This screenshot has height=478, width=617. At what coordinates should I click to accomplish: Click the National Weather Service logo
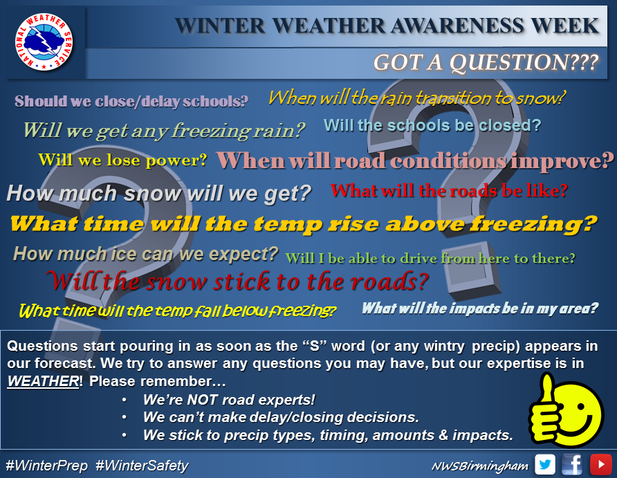pos(44,42)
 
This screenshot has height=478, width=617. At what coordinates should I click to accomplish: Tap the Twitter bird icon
pos(545,464)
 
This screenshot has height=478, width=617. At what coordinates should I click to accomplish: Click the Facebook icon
pos(573,464)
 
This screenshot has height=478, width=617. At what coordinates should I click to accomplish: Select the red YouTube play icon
pos(601,464)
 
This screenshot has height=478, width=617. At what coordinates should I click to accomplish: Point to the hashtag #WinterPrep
pos(47,466)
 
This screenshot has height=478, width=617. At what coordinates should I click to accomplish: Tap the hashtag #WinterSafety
pos(142,466)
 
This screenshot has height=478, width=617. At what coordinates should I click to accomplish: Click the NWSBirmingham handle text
pos(480,466)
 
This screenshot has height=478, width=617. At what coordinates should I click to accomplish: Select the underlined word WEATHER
pos(44,381)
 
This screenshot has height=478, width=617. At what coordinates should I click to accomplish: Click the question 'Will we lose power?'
pos(122,160)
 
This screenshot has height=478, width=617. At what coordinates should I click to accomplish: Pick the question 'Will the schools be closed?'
pos(432,125)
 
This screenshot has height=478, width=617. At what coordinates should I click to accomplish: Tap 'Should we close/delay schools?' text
pos(131,102)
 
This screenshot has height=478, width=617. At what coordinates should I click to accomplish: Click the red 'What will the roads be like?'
pos(449,191)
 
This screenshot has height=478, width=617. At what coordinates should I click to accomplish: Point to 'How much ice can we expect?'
pos(145,254)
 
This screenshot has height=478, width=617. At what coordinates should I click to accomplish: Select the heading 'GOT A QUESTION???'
pos(486,62)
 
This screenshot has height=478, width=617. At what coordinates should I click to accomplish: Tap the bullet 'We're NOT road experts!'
pos(229,400)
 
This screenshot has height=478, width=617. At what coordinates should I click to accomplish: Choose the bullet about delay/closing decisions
pos(281,417)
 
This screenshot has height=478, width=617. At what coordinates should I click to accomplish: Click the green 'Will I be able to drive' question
pos(430,259)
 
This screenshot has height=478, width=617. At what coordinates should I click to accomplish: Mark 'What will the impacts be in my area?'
pos(480,309)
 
